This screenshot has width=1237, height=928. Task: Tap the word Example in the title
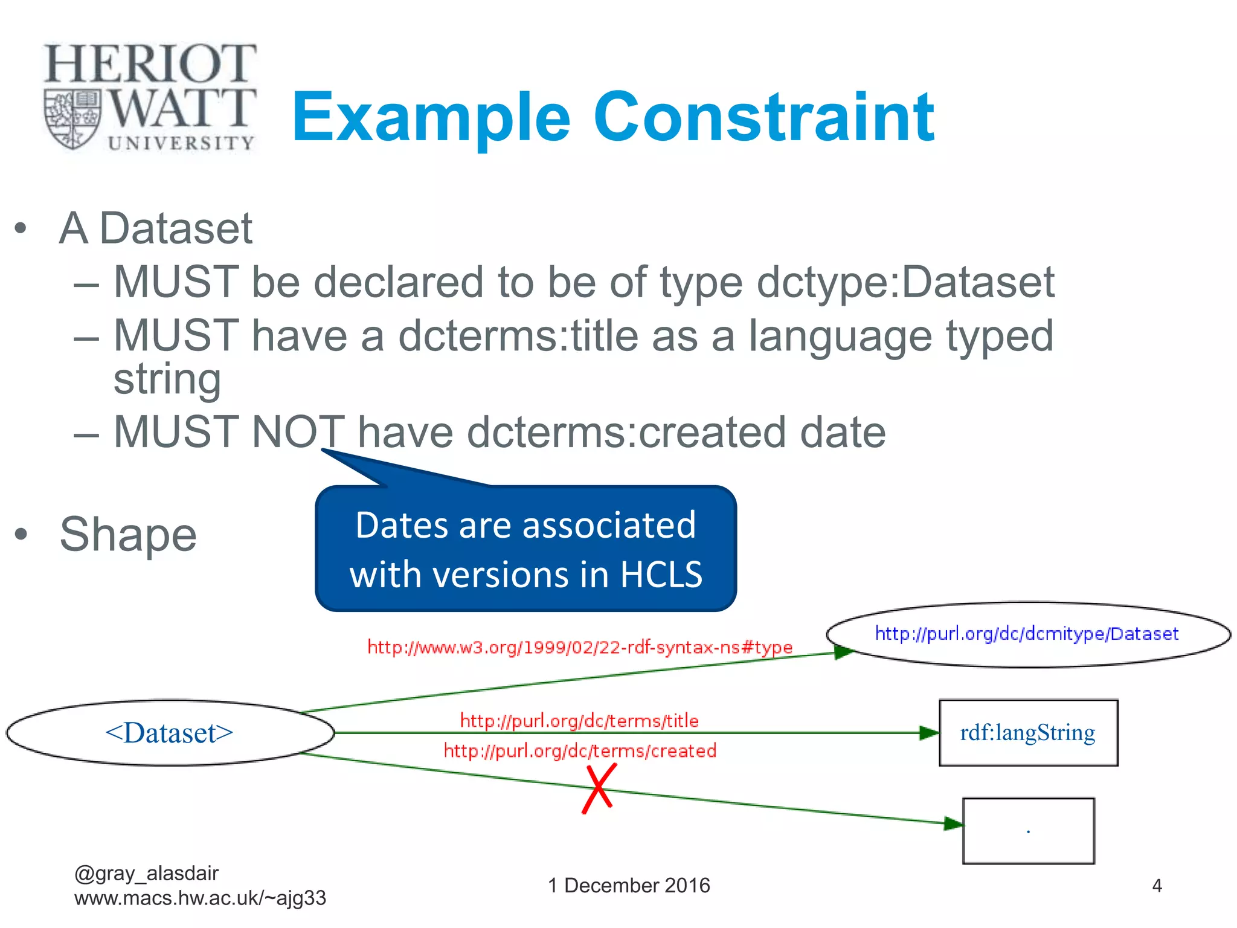tap(431, 117)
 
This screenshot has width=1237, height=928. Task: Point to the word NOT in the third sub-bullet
tap(298, 432)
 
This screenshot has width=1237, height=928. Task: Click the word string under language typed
tap(167, 379)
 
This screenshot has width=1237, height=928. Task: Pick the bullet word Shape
tap(128, 535)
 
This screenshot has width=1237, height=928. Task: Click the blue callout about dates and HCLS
tap(525, 549)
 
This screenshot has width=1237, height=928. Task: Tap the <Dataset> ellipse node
tap(170, 733)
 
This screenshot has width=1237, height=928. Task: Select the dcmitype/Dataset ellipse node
tap(1027, 634)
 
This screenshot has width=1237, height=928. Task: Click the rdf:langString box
tap(1028, 733)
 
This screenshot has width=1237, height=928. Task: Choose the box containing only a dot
tap(1028, 831)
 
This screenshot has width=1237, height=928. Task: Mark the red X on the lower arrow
tap(599, 788)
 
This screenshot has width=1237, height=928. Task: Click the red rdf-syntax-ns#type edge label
tap(580, 648)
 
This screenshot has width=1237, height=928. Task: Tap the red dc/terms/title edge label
tap(579, 720)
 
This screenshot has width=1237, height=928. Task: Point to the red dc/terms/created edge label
tap(580, 750)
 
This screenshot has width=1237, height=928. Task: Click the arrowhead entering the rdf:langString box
tap(929, 733)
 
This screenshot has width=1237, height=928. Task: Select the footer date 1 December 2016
tap(629, 886)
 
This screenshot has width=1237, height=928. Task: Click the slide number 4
tap(1157, 886)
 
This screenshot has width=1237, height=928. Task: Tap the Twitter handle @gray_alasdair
tap(146, 873)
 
